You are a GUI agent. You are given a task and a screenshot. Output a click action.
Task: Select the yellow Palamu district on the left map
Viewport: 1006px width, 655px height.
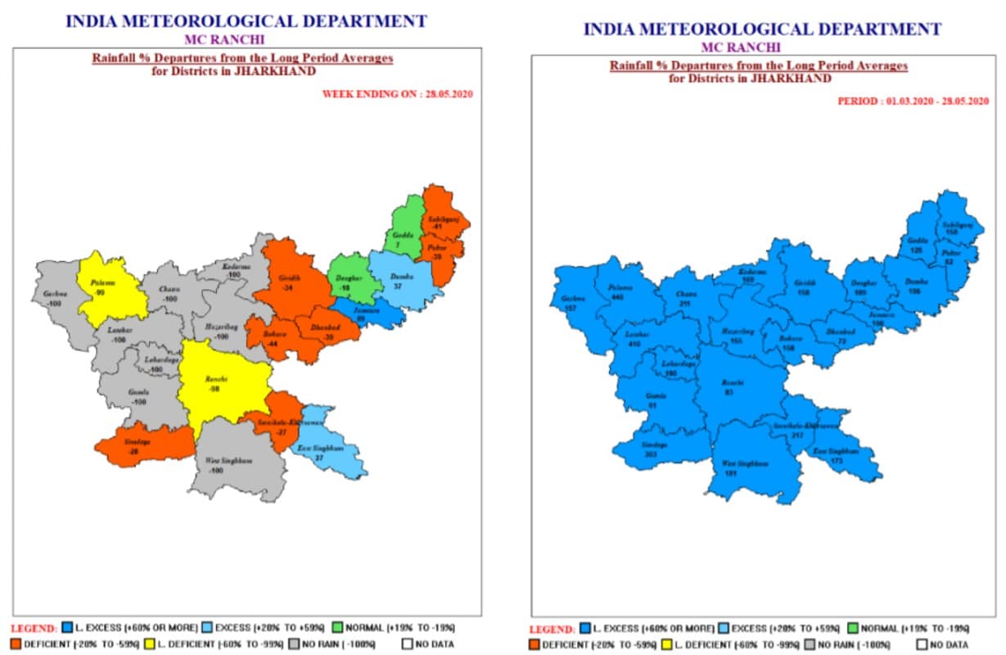111,287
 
